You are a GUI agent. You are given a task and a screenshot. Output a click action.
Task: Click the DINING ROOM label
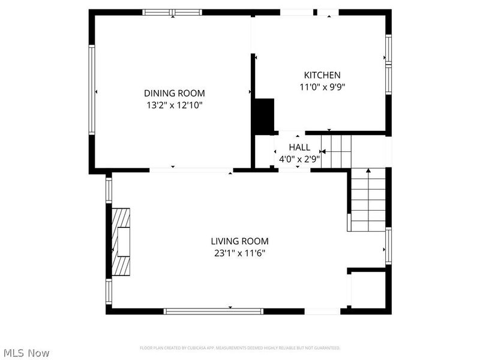pyautogui.click(x=174, y=93)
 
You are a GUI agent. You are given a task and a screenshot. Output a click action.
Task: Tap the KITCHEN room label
pyautogui.click(x=322, y=75)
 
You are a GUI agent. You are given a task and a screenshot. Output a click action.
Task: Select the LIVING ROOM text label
pyautogui.click(x=239, y=241)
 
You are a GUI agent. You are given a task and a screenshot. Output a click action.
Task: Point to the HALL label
pyautogui.click(x=299, y=147)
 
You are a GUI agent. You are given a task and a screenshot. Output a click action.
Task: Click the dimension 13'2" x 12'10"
pyautogui.click(x=174, y=105)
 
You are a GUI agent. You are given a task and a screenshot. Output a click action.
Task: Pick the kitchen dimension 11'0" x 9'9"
pyautogui.click(x=322, y=86)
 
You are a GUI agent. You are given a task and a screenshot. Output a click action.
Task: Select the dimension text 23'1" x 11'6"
pyautogui.click(x=239, y=253)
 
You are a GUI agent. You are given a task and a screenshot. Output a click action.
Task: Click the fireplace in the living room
pyautogui.click(x=121, y=242)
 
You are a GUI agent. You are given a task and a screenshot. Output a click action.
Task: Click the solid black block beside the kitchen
pyautogui.click(x=262, y=116)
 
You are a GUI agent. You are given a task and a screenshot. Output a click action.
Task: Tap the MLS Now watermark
pyautogui.click(x=26, y=353)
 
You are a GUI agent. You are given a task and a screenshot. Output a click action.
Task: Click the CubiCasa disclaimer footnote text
pyautogui.click(x=240, y=348)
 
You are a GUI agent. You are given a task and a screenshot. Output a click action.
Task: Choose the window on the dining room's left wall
pyautogui.click(x=92, y=90)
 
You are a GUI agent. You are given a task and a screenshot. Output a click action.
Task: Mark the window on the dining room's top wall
pyautogui.click(x=172, y=12)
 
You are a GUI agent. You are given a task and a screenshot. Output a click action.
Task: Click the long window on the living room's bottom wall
pyautogui.click(x=214, y=311)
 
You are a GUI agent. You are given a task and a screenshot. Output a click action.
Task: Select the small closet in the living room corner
pyautogui.click(x=367, y=290)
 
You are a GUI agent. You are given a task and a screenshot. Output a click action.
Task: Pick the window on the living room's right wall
pyautogui.click(x=388, y=246)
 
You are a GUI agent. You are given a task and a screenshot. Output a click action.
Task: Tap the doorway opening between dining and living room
pyautogui.click(x=191, y=170)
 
